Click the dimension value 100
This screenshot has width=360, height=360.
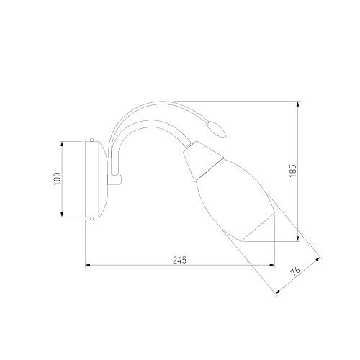(58, 179)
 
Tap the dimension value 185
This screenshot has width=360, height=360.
(293, 171)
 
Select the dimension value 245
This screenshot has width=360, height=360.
(179, 260)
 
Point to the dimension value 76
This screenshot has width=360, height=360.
(295, 272)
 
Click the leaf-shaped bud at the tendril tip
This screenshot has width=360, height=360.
(217, 130)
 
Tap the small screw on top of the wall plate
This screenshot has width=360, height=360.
(91, 140)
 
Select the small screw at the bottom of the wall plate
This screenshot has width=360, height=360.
(91, 219)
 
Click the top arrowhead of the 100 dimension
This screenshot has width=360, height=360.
(62, 144)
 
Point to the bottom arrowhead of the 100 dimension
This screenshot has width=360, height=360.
(62, 215)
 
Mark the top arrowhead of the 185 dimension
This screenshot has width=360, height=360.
(297, 104)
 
